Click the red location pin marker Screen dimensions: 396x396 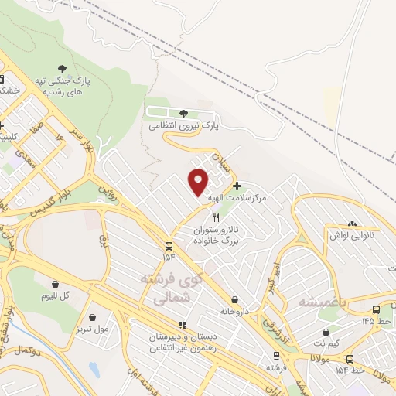pos(199,181)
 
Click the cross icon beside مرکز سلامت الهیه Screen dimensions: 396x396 pos(237,186)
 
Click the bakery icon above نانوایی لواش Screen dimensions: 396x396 pos(353,223)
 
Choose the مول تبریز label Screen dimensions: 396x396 pos(93,328)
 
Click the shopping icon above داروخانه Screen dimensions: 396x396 pos(233,300)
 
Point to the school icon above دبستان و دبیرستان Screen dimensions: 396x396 pos(183,326)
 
